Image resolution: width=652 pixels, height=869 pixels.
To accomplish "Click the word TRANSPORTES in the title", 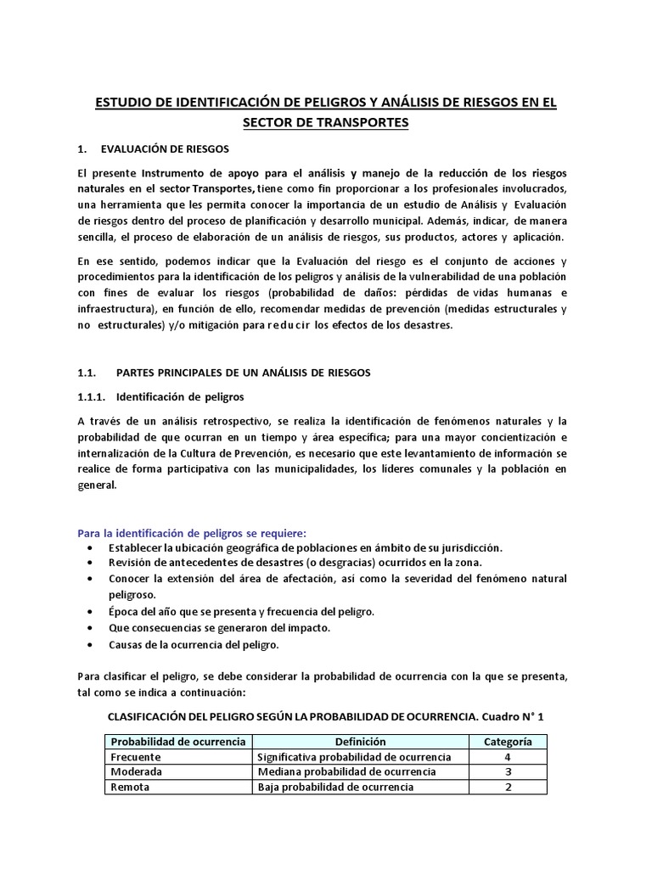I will [x=366, y=123].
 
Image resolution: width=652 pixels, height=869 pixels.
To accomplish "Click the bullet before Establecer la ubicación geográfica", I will [x=91, y=548].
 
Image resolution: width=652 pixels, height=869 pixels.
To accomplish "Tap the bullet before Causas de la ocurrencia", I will [x=91, y=645].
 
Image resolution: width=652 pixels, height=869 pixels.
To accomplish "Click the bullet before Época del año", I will [x=91, y=612].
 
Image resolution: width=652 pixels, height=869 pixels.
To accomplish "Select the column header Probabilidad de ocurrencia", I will [x=178, y=742].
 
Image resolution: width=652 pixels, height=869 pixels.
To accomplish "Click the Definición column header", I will [x=359, y=742].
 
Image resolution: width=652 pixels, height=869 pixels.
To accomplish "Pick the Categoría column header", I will [x=508, y=742].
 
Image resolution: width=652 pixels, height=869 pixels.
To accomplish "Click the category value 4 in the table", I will [x=508, y=757].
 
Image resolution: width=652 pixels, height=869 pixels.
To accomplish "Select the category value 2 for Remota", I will [x=508, y=787].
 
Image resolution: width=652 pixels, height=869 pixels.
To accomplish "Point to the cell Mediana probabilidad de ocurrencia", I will [x=346, y=772].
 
